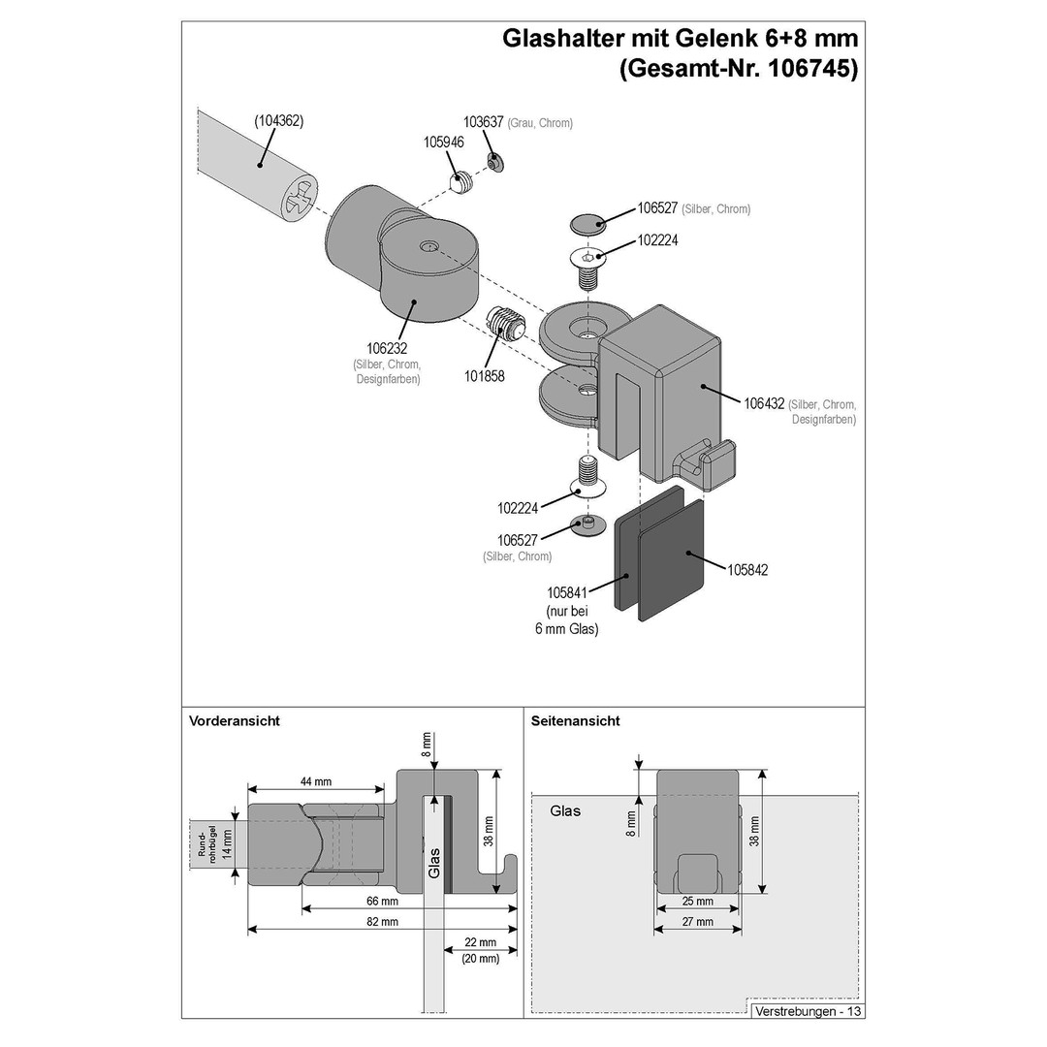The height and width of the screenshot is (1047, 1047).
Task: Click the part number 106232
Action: (387, 349)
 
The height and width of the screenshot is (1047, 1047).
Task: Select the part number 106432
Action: (764, 403)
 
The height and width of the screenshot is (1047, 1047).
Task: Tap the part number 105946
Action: (443, 143)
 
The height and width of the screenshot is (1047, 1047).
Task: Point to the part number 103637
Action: (484, 122)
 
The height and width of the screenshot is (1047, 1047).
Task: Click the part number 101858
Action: (484, 376)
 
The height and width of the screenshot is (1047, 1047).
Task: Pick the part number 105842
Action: (747, 570)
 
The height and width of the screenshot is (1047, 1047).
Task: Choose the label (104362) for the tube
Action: (278, 121)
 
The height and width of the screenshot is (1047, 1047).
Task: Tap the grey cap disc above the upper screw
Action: (587, 224)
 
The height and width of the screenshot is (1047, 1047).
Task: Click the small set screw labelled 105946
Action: (460, 181)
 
